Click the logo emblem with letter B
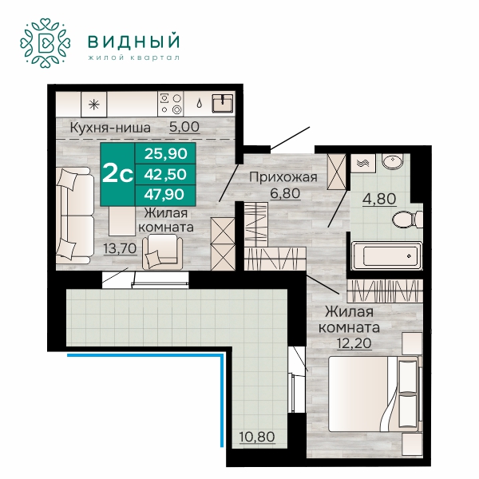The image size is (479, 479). [x=46, y=43]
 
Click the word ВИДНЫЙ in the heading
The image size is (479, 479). [x=134, y=42]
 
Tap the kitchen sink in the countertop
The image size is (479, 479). [x=223, y=103]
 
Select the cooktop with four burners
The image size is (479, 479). [x=171, y=104]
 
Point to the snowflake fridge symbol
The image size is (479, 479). [x=94, y=105]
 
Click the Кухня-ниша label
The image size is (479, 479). [x=110, y=128]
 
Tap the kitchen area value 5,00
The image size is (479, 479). [x=184, y=127]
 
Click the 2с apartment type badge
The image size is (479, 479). [x=117, y=174]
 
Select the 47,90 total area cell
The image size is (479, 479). [x=165, y=194]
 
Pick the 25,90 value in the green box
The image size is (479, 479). [x=165, y=153]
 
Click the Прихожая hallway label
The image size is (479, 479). [x=283, y=177]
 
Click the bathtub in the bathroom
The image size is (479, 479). [x=387, y=256]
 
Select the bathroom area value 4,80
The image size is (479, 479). [x=379, y=199]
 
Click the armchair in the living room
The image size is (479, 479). [x=162, y=251]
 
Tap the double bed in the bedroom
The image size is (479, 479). [x=374, y=394]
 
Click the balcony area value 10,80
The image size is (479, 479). [x=257, y=437]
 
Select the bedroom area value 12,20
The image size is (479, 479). [x=354, y=343]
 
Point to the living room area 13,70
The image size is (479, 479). [x=120, y=248]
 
